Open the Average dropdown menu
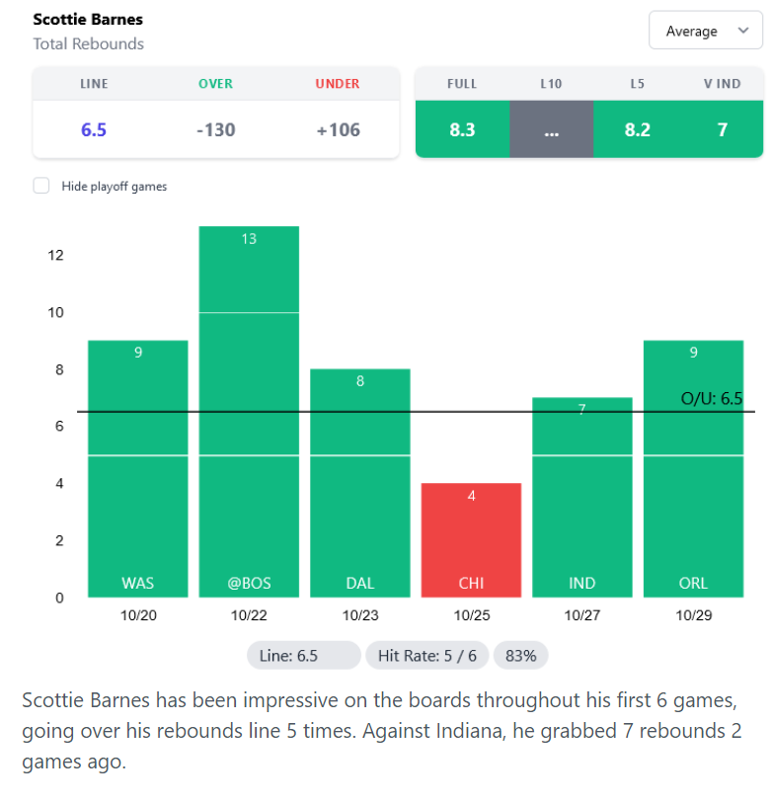point(705,31)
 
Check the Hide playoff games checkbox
point(41,186)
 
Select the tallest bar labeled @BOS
point(249,415)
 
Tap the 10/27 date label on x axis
point(581,614)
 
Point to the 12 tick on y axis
point(55,256)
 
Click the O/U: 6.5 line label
point(711,399)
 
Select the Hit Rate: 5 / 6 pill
point(426,655)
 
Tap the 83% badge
point(520,655)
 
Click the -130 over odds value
point(215,129)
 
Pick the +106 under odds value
point(338,129)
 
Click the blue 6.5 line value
point(94,129)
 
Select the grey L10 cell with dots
point(551,129)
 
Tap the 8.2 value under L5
point(638,129)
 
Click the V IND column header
point(722,84)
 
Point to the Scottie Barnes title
point(88,20)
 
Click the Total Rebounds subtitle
point(88,43)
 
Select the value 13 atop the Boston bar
point(249,239)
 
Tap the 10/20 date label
point(138,614)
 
